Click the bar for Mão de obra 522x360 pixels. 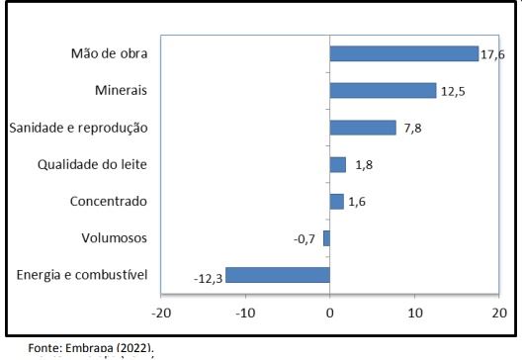coord(403,53)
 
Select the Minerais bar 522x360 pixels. coord(383,91)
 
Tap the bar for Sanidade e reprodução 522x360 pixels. coord(363,128)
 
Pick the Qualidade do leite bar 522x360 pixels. coord(338,164)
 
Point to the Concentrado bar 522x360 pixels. coord(337,202)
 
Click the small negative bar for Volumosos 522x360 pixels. coord(326,238)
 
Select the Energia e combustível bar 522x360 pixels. coord(278,275)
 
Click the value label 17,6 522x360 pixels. coord(492,54)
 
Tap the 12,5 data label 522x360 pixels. coord(452,91)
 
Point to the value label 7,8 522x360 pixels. coord(411,129)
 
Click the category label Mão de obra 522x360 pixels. coord(110,53)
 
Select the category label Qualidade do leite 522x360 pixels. coord(94,164)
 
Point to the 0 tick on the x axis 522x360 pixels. coord(330,312)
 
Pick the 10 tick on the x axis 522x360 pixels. coord(414,312)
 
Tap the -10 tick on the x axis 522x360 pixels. coord(245,312)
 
